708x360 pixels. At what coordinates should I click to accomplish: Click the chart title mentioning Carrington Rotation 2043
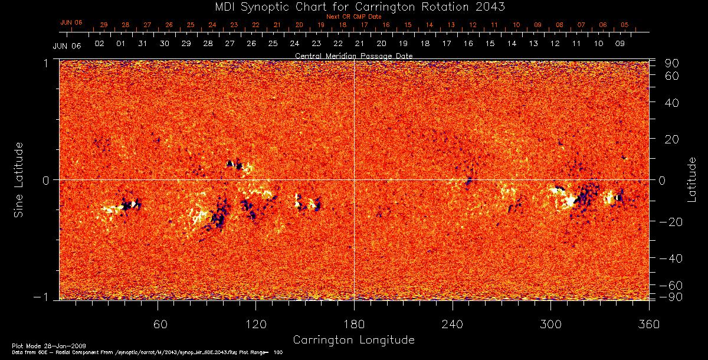click(x=354, y=6)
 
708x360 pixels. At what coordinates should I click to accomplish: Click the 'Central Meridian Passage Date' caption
click(x=353, y=55)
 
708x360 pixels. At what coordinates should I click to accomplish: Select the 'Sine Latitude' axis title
click(x=19, y=179)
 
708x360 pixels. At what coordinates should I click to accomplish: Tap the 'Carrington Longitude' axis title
click(x=353, y=340)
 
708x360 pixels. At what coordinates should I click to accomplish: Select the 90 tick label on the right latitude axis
click(x=672, y=63)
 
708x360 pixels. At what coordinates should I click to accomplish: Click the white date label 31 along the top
click(x=143, y=44)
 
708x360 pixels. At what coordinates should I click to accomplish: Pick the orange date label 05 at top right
click(x=625, y=25)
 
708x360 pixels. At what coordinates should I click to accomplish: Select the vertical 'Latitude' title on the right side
click(x=692, y=179)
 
